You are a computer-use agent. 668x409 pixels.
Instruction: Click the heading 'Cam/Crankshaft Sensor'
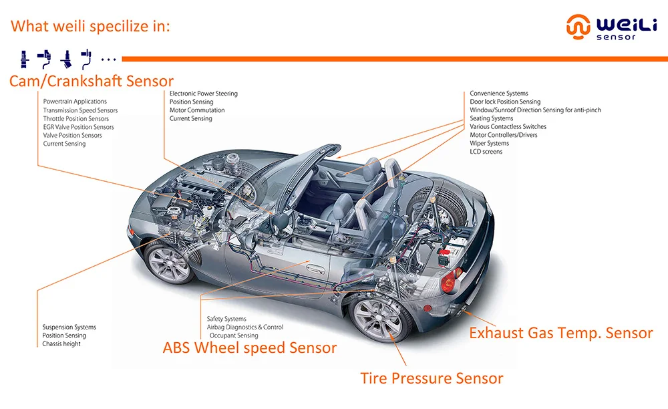click(x=91, y=81)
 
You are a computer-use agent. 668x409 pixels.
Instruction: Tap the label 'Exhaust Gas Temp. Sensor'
click(x=560, y=333)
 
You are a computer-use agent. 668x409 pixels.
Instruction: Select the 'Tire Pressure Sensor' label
click(x=432, y=378)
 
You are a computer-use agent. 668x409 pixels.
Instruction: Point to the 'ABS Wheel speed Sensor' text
click(x=250, y=348)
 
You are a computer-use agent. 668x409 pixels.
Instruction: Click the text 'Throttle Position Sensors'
click(x=75, y=119)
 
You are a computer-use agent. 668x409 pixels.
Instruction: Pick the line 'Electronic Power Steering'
click(x=204, y=94)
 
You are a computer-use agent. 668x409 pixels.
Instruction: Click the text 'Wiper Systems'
click(x=489, y=143)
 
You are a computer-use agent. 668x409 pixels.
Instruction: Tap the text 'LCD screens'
click(x=486, y=152)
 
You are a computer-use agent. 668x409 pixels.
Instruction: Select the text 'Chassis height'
click(x=61, y=344)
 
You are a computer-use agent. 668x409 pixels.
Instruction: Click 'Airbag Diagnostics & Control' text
click(x=245, y=327)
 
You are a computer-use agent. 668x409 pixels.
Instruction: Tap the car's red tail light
click(x=448, y=281)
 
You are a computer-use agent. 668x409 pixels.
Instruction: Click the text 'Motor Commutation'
click(x=197, y=110)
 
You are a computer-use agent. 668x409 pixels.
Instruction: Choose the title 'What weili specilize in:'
click(x=91, y=27)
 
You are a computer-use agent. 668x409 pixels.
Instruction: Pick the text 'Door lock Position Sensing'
click(x=505, y=102)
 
